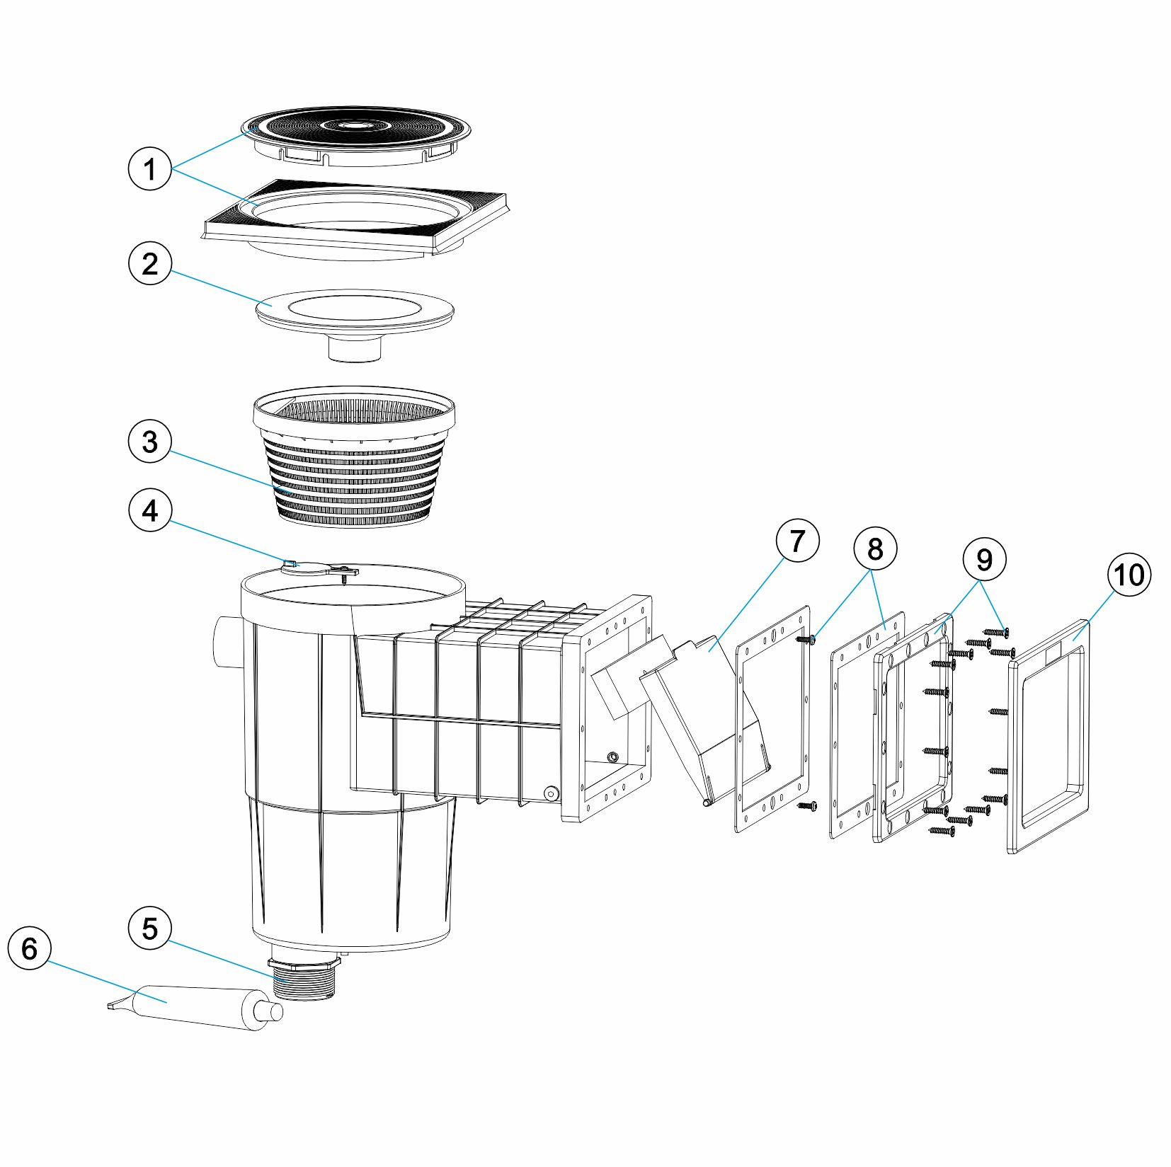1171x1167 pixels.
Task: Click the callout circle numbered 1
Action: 149,169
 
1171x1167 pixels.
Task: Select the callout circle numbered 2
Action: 149,263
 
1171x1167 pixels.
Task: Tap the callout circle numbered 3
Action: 149,442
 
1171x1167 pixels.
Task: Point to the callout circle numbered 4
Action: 149,510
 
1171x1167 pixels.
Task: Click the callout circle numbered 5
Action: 149,929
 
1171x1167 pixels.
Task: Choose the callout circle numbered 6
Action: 29,948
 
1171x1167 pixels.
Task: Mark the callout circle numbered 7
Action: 797,541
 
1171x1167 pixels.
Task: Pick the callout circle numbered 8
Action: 875,548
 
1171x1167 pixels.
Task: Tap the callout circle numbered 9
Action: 984,560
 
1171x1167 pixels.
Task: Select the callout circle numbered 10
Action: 1129,575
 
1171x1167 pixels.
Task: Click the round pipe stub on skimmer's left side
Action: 225,641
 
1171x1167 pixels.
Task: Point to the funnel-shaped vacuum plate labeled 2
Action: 354,315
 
